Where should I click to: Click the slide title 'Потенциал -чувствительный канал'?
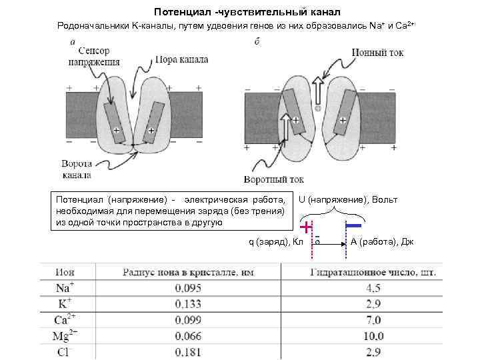(x=247, y=12)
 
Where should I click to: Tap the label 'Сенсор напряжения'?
(x=93, y=57)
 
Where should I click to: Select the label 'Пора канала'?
(x=181, y=59)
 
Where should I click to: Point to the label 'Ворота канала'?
(x=81, y=169)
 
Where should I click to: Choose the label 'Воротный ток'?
(x=274, y=179)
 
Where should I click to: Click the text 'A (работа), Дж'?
(x=382, y=241)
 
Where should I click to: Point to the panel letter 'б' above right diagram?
(x=257, y=43)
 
